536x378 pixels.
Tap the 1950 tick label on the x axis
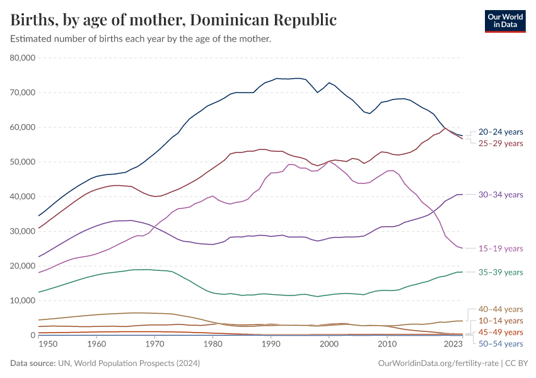click(x=48, y=345)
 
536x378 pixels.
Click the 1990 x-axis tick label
click(x=271, y=345)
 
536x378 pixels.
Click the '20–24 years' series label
click(x=501, y=132)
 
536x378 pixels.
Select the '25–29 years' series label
click(x=501, y=143)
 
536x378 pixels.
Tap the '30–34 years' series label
click(x=501, y=195)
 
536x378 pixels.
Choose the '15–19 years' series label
click(x=501, y=248)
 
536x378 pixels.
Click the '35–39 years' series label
click(x=501, y=272)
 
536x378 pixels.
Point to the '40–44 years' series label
click(x=501, y=309)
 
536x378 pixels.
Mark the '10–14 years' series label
click(x=501, y=321)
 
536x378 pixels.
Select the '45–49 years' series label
click(x=501, y=332)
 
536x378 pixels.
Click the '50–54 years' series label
click(x=501, y=343)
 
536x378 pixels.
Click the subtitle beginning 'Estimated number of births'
click(x=141, y=39)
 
